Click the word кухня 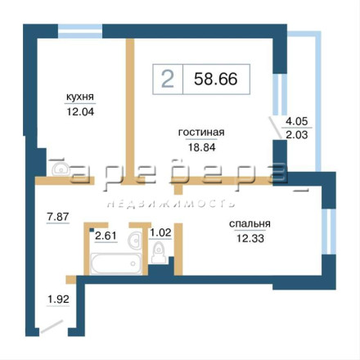click(x=80, y=97)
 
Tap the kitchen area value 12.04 click(x=80, y=111)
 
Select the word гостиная click(x=201, y=133)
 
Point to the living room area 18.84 click(x=201, y=147)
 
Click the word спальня click(x=250, y=224)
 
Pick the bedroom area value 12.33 click(x=250, y=238)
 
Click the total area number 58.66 click(x=216, y=79)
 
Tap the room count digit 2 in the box click(x=168, y=79)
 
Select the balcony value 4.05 click(x=296, y=121)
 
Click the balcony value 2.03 click(x=297, y=135)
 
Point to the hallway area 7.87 click(x=58, y=217)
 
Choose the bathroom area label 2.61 click(x=106, y=236)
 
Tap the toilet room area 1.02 click(x=161, y=232)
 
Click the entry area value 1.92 click(x=58, y=299)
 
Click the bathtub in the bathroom click(x=116, y=263)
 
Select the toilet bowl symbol click(x=158, y=252)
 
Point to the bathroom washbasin click(x=135, y=240)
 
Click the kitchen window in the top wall click(x=80, y=31)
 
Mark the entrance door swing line click(x=52, y=326)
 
